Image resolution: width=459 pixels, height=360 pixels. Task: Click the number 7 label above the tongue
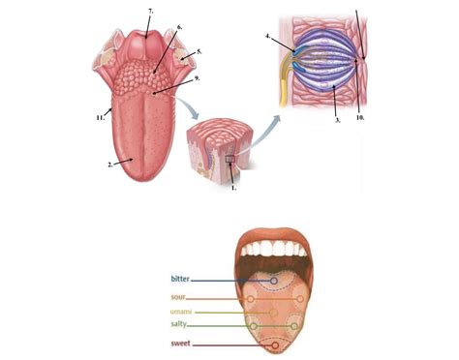coord(151,10)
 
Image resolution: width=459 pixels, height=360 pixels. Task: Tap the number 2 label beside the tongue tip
coord(111,165)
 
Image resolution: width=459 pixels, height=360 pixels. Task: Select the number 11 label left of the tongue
coord(101,117)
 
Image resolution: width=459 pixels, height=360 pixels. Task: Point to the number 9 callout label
coord(197,78)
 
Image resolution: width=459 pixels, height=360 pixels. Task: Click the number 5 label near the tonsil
coord(199,50)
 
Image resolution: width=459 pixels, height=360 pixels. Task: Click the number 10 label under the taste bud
coord(359,118)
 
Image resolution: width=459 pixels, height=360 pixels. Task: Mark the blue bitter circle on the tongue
coord(274,282)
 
